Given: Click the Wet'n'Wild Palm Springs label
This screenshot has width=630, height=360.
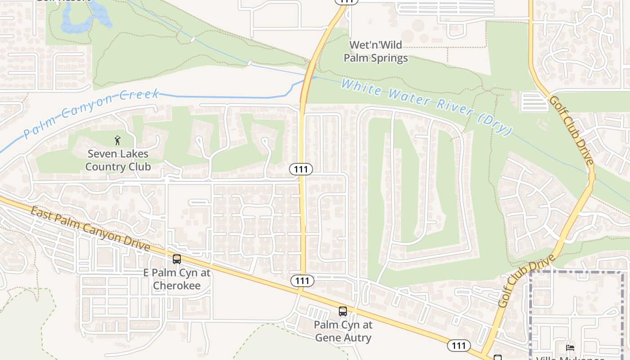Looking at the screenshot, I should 376,51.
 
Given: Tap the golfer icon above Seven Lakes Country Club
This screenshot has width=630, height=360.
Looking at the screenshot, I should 118,140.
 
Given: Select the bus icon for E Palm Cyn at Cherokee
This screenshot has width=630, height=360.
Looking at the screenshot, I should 177,259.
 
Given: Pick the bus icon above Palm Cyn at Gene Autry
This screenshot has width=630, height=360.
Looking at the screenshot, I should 343,311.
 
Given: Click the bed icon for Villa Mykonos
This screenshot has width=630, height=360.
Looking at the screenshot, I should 570,347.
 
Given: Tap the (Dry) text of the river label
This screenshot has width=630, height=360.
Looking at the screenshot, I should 495,124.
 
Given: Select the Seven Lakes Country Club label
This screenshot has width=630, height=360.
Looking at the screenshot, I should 118,160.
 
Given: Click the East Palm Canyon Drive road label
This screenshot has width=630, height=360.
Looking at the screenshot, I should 90,229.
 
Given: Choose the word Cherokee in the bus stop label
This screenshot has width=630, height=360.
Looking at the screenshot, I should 177,285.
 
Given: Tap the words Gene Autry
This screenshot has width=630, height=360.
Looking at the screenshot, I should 343,337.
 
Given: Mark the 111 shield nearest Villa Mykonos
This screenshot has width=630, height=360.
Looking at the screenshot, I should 459,346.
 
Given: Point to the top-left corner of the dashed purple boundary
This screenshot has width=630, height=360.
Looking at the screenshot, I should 531,272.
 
